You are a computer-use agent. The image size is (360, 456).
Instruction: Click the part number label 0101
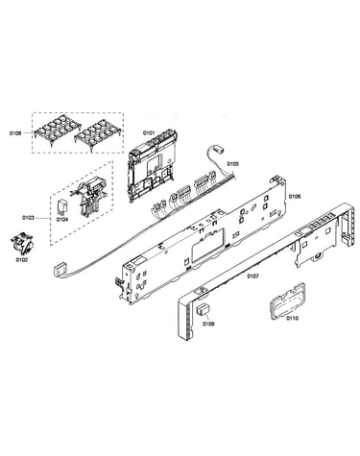coord(149,132)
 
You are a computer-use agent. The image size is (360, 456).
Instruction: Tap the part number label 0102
coord(22,260)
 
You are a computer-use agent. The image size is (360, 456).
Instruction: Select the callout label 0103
coord(28,218)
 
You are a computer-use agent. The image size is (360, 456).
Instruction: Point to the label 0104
coord(62,220)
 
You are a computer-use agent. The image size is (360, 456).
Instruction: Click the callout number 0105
coord(233,164)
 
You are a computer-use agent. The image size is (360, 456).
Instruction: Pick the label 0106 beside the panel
coord(295,196)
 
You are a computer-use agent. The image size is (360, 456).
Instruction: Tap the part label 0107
coord(252,276)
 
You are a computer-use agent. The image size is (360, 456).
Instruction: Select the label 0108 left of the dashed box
coord(15,133)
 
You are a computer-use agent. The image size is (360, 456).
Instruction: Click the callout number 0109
coord(208,324)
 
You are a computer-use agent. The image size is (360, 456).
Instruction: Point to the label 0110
coord(292,318)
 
